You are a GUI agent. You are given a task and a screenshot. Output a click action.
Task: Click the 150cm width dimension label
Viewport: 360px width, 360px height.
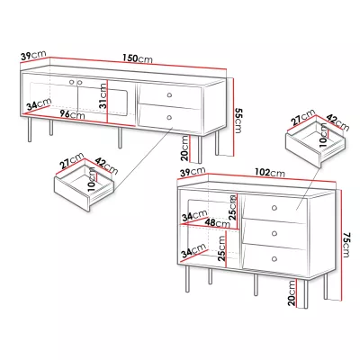tap(138, 58)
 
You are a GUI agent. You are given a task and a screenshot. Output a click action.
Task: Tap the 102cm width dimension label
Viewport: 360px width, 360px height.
tap(270, 173)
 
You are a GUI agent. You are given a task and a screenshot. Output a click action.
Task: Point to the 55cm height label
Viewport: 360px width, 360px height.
tap(238, 121)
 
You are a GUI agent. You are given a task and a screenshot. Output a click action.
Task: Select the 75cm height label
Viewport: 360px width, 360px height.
tap(346, 245)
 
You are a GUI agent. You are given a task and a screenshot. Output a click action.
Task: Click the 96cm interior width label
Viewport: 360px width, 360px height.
tap(72, 114)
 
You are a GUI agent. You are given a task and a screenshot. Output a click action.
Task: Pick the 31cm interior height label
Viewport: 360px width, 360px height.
tap(103, 95)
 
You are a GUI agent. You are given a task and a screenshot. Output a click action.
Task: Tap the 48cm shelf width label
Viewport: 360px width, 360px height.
tap(219, 223)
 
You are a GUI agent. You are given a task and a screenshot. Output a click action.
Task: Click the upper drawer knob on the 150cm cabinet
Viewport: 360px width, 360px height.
tap(169, 95)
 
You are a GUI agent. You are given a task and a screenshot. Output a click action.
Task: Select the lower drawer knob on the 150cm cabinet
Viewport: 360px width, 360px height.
tap(169, 118)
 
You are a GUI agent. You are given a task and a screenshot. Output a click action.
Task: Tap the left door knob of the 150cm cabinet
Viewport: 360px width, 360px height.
tap(72, 82)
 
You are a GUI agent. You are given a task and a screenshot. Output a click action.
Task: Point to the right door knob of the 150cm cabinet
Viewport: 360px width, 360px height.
tap(79, 82)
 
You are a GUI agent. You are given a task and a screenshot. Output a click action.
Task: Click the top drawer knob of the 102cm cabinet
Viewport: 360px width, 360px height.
tap(274, 208)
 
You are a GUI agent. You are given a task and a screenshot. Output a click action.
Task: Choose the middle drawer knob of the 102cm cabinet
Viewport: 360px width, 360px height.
tap(274, 233)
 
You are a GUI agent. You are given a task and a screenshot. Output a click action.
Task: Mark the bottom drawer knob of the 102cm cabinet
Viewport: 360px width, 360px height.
tap(274, 258)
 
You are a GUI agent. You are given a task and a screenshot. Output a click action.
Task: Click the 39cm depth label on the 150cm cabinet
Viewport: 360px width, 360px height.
tap(33, 55)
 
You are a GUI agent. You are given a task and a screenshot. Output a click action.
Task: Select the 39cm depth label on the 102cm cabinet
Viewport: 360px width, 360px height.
tap(193, 172)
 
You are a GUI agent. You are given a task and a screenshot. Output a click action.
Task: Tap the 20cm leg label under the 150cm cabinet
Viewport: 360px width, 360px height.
tap(185, 148)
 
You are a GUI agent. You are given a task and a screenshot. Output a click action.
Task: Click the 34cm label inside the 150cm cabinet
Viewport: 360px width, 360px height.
tap(39, 104)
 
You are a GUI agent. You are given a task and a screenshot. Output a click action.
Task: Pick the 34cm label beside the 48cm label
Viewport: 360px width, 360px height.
tap(194, 216)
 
